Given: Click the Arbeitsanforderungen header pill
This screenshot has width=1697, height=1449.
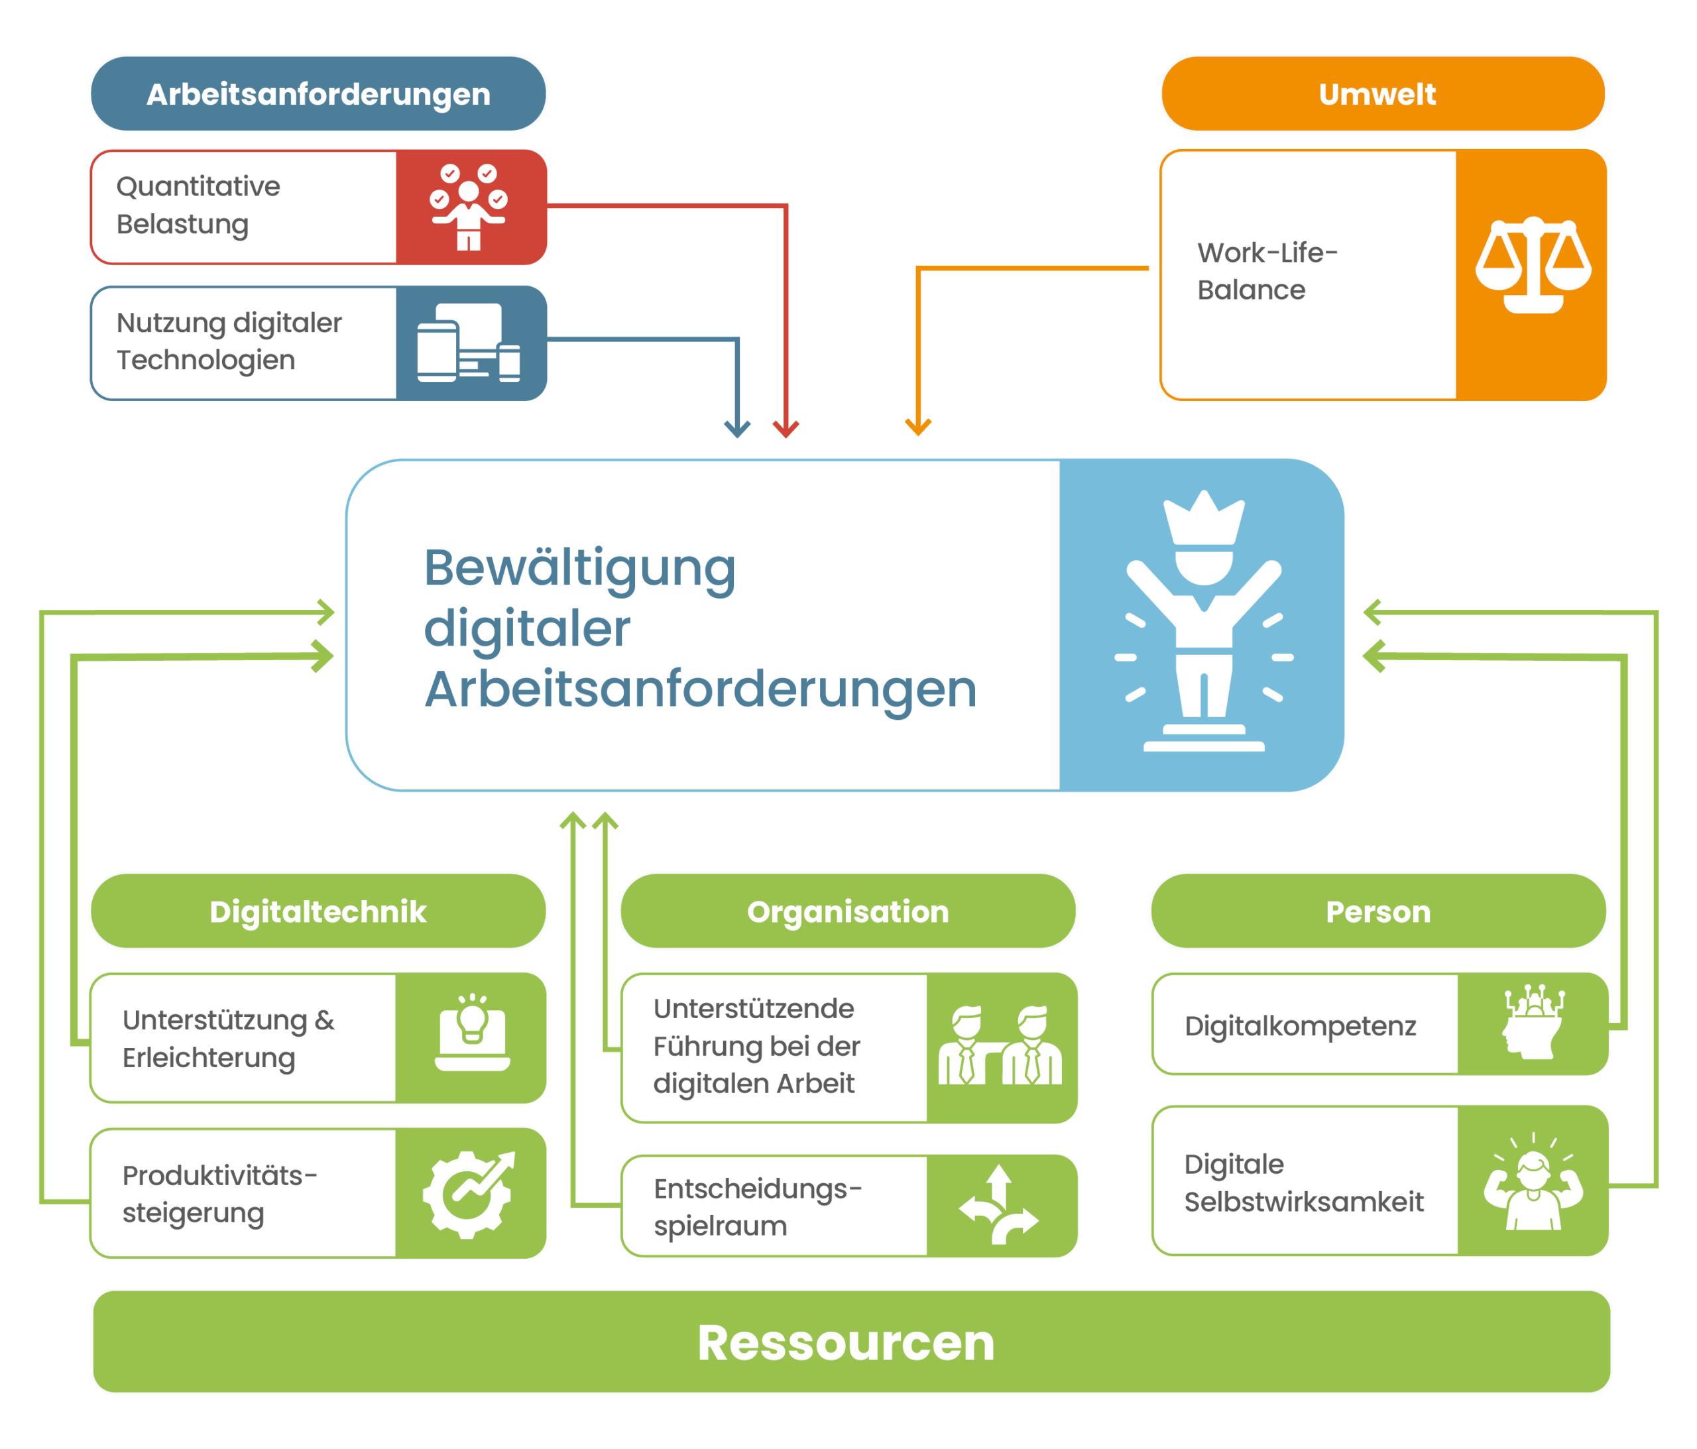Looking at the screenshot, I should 318,94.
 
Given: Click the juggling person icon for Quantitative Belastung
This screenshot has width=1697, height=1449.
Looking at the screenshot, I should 469,206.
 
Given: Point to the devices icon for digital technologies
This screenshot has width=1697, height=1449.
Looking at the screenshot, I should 469,343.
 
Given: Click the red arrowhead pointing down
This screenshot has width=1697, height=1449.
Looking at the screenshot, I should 786,428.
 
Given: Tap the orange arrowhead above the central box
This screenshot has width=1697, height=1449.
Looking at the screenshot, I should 918,427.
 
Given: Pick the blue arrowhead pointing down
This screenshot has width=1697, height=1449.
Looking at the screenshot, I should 737,428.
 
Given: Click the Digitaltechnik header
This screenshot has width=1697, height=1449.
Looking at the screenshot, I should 318,911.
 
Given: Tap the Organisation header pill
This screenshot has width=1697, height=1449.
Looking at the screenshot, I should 848,911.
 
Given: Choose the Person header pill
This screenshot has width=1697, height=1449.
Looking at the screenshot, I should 1377,911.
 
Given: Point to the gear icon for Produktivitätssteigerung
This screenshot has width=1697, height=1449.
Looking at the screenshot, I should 469,1193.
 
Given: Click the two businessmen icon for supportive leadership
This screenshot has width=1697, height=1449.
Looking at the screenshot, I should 999,1047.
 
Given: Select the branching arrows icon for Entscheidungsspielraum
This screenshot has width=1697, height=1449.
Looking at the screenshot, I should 999,1204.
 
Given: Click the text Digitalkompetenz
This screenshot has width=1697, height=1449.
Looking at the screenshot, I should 1300,1025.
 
